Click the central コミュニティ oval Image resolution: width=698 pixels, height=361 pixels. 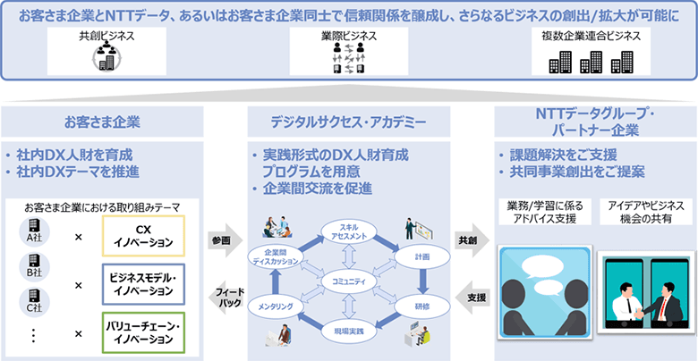tap(348, 282)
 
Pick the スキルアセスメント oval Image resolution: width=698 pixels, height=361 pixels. tap(348, 231)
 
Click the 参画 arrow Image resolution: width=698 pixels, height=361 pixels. tap(223, 241)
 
